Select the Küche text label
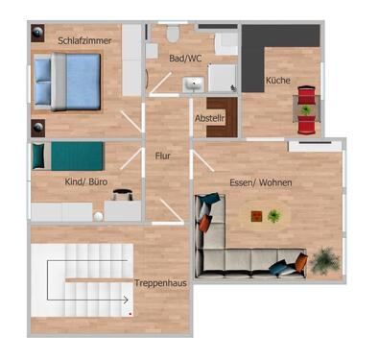pyautogui.click(x=278, y=81)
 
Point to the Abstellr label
pyautogui.click(x=209, y=117)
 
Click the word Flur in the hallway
pyautogui.click(x=163, y=154)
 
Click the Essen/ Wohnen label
pyautogui.click(x=261, y=182)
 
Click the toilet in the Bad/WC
pyautogui.click(x=173, y=35)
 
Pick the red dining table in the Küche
pyautogui.click(x=305, y=108)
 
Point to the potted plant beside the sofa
pyautogui.click(x=326, y=258)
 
